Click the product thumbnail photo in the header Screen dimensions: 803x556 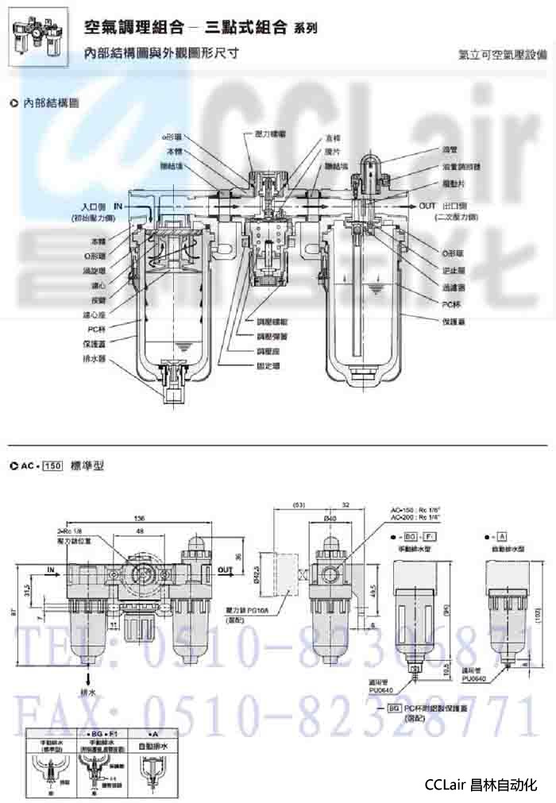pos(39,39)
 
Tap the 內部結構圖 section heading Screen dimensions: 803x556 pos(50,102)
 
